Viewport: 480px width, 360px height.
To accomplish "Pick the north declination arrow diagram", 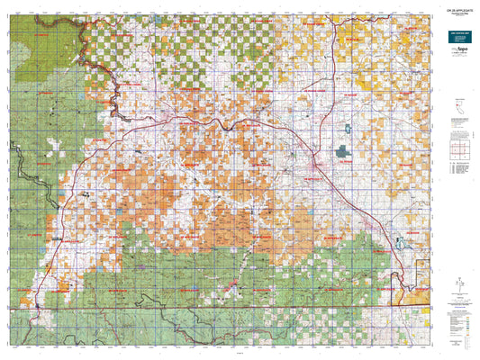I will click(x=457, y=287).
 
